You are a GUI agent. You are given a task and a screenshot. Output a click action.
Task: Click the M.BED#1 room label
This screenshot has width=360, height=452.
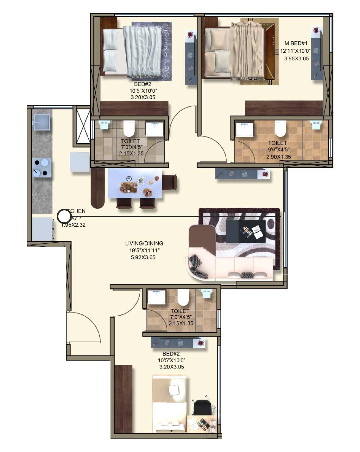[x=295, y=43]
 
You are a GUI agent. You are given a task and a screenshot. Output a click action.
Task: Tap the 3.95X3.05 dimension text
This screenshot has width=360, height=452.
[x=296, y=59]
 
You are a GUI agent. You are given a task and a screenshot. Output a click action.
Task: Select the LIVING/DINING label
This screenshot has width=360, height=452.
[x=144, y=243]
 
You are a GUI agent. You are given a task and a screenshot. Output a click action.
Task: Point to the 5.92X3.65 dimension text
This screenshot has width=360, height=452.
[x=143, y=257]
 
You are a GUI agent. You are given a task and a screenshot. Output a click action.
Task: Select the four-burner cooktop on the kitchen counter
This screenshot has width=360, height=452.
[x=42, y=168]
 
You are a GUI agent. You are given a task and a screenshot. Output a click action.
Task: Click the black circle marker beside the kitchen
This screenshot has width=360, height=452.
[x=64, y=217]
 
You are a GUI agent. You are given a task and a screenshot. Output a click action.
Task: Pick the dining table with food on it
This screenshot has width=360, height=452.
[x=135, y=183]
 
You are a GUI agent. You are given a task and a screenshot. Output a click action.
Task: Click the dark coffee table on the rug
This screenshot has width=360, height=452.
[x=246, y=231]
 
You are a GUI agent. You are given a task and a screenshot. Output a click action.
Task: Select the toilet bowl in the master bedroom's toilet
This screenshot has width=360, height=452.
[x=280, y=129]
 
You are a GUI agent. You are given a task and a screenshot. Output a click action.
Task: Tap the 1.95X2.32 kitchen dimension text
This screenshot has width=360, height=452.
[x=73, y=225]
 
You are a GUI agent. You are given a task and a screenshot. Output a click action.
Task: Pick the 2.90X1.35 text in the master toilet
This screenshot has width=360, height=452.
[x=279, y=157]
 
